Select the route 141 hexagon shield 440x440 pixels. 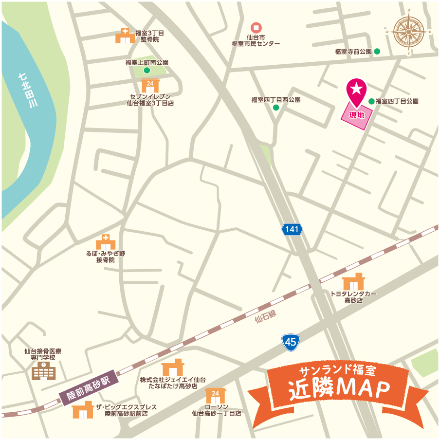tap(292, 229)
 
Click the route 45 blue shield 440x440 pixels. tap(291, 343)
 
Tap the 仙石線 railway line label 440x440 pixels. tap(265, 317)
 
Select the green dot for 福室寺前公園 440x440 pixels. tap(377, 52)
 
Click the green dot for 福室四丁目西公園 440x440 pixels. tap(276, 108)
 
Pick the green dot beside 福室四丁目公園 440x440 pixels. tap(371, 101)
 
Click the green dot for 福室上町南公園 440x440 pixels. tap(147, 70)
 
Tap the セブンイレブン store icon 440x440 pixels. tap(150, 86)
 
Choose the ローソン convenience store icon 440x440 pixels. tap(215, 396)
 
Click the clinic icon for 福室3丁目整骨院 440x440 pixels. tap(125, 36)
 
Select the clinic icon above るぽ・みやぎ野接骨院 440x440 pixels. tap(105, 242)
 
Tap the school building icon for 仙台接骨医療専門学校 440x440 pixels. tap(44, 370)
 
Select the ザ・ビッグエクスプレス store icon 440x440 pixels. tap(82, 410)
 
